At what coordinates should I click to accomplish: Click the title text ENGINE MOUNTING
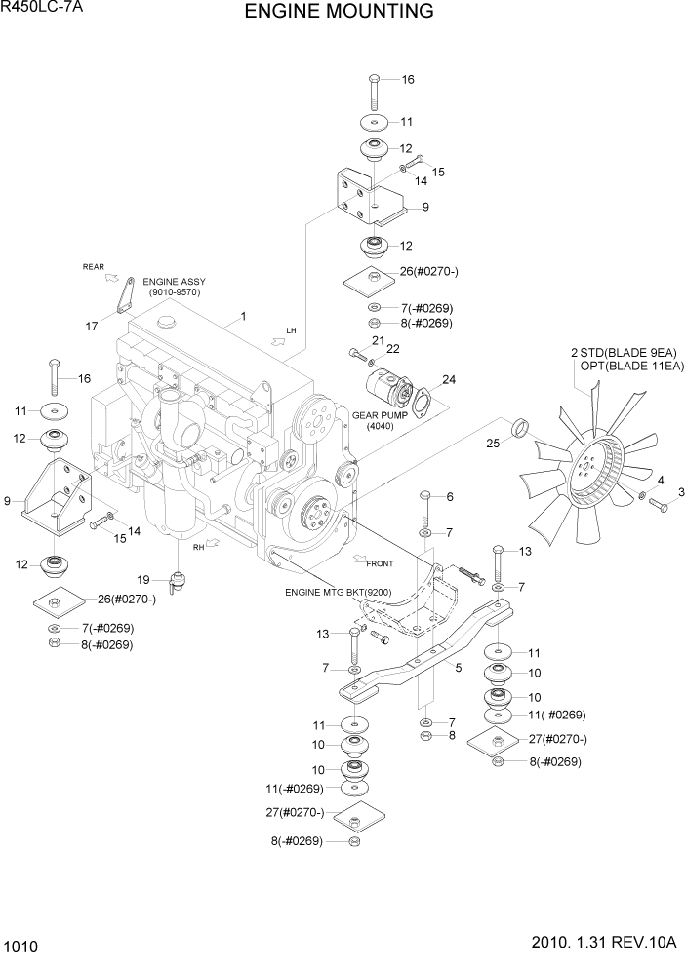click(x=339, y=12)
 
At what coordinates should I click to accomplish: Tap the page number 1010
click(x=20, y=945)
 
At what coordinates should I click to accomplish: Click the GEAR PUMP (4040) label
click(x=378, y=420)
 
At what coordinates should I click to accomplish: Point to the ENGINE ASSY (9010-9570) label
click(x=174, y=286)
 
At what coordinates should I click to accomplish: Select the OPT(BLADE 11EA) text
click(x=627, y=367)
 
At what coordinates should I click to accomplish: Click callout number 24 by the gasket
click(x=448, y=379)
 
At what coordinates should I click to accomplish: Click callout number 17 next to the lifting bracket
click(x=92, y=327)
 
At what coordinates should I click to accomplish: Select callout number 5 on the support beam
click(x=457, y=668)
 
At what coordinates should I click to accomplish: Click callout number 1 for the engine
click(x=242, y=317)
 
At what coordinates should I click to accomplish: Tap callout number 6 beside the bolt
click(x=450, y=497)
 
